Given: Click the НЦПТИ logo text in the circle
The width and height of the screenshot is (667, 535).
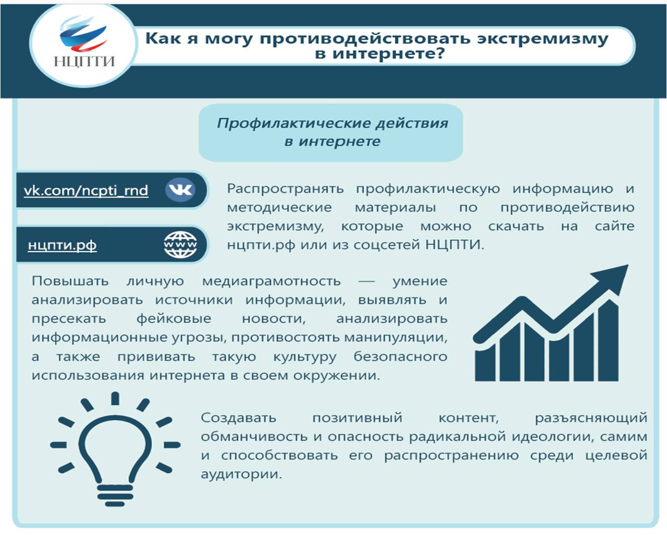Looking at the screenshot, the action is (84, 61).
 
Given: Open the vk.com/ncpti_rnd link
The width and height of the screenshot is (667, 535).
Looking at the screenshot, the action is (86, 191).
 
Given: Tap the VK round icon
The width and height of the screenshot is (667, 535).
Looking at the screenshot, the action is (180, 190).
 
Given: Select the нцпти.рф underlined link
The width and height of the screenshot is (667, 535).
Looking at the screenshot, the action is (63, 245).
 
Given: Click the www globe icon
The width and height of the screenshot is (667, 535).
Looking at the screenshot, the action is (180, 244).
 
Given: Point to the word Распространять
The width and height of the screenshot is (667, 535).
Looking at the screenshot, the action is (285, 189).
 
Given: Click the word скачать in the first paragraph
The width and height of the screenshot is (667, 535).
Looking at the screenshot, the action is (516, 226).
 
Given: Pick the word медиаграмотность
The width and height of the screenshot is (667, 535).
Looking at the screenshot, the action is (271, 282).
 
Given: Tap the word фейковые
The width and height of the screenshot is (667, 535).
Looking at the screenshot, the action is (174, 319).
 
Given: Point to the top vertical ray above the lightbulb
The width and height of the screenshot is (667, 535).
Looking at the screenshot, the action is (115, 399).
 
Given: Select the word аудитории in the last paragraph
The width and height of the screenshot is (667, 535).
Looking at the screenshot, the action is (241, 475).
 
